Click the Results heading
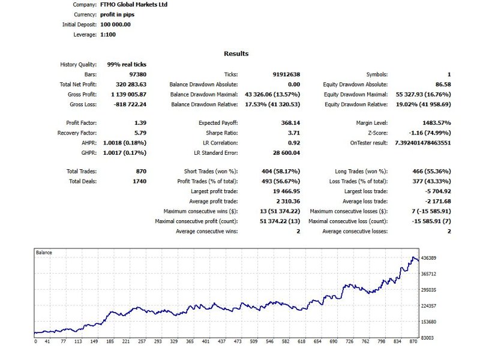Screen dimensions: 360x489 point(236,54)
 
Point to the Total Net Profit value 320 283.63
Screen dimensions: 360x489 point(129,85)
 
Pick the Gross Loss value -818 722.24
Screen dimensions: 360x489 point(129,104)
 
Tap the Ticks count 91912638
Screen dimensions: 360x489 point(286,74)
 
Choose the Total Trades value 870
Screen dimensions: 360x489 point(141,172)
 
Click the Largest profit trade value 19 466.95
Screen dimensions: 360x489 point(283,191)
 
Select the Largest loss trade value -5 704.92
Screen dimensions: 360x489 point(436,191)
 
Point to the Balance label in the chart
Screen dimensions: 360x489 point(44,253)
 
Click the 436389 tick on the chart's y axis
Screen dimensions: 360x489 point(428,258)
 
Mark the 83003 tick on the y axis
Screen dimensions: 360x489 point(427,338)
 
